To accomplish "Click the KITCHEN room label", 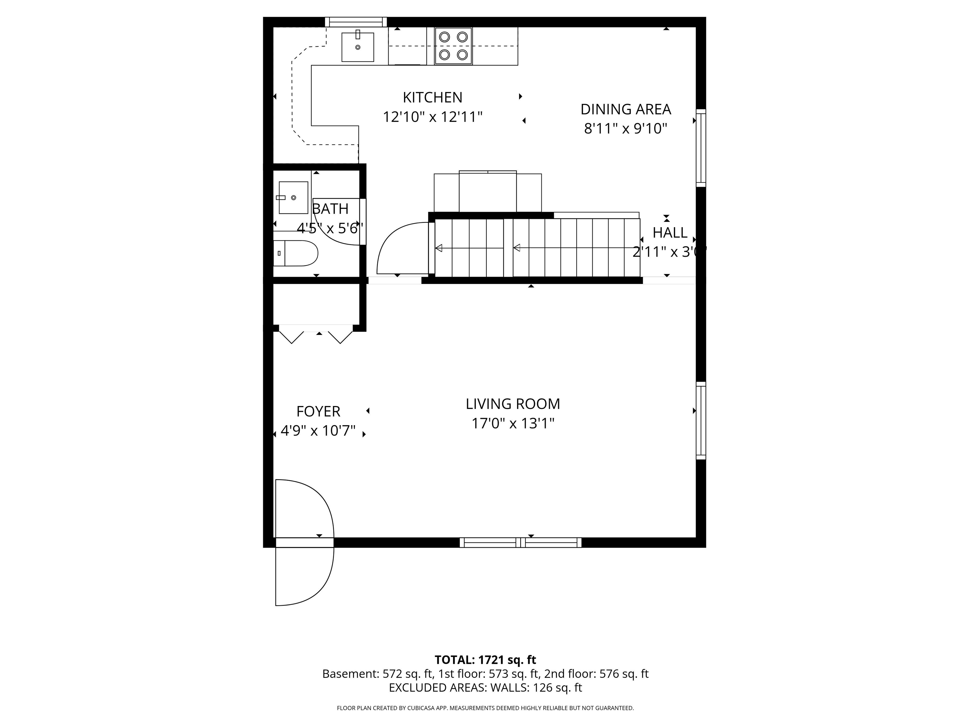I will pyautogui.click(x=432, y=97).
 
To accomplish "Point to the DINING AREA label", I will pyautogui.click(x=626, y=109).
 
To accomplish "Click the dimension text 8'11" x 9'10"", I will pyautogui.click(x=626, y=129).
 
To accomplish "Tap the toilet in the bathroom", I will pyautogui.click(x=296, y=253).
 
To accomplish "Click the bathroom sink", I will pyautogui.click(x=293, y=198).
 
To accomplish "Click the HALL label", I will pyautogui.click(x=670, y=233).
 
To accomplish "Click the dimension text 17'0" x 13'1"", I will pyautogui.click(x=513, y=423).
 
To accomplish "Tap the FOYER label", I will pyautogui.click(x=318, y=411).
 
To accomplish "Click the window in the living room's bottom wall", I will pyautogui.click(x=521, y=543).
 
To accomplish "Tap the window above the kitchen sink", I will pyautogui.click(x=356, y=22).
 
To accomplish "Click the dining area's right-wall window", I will pyautogui.click(x=701, y=148).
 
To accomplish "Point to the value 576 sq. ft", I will pyautogui.click(x=624, y=674).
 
